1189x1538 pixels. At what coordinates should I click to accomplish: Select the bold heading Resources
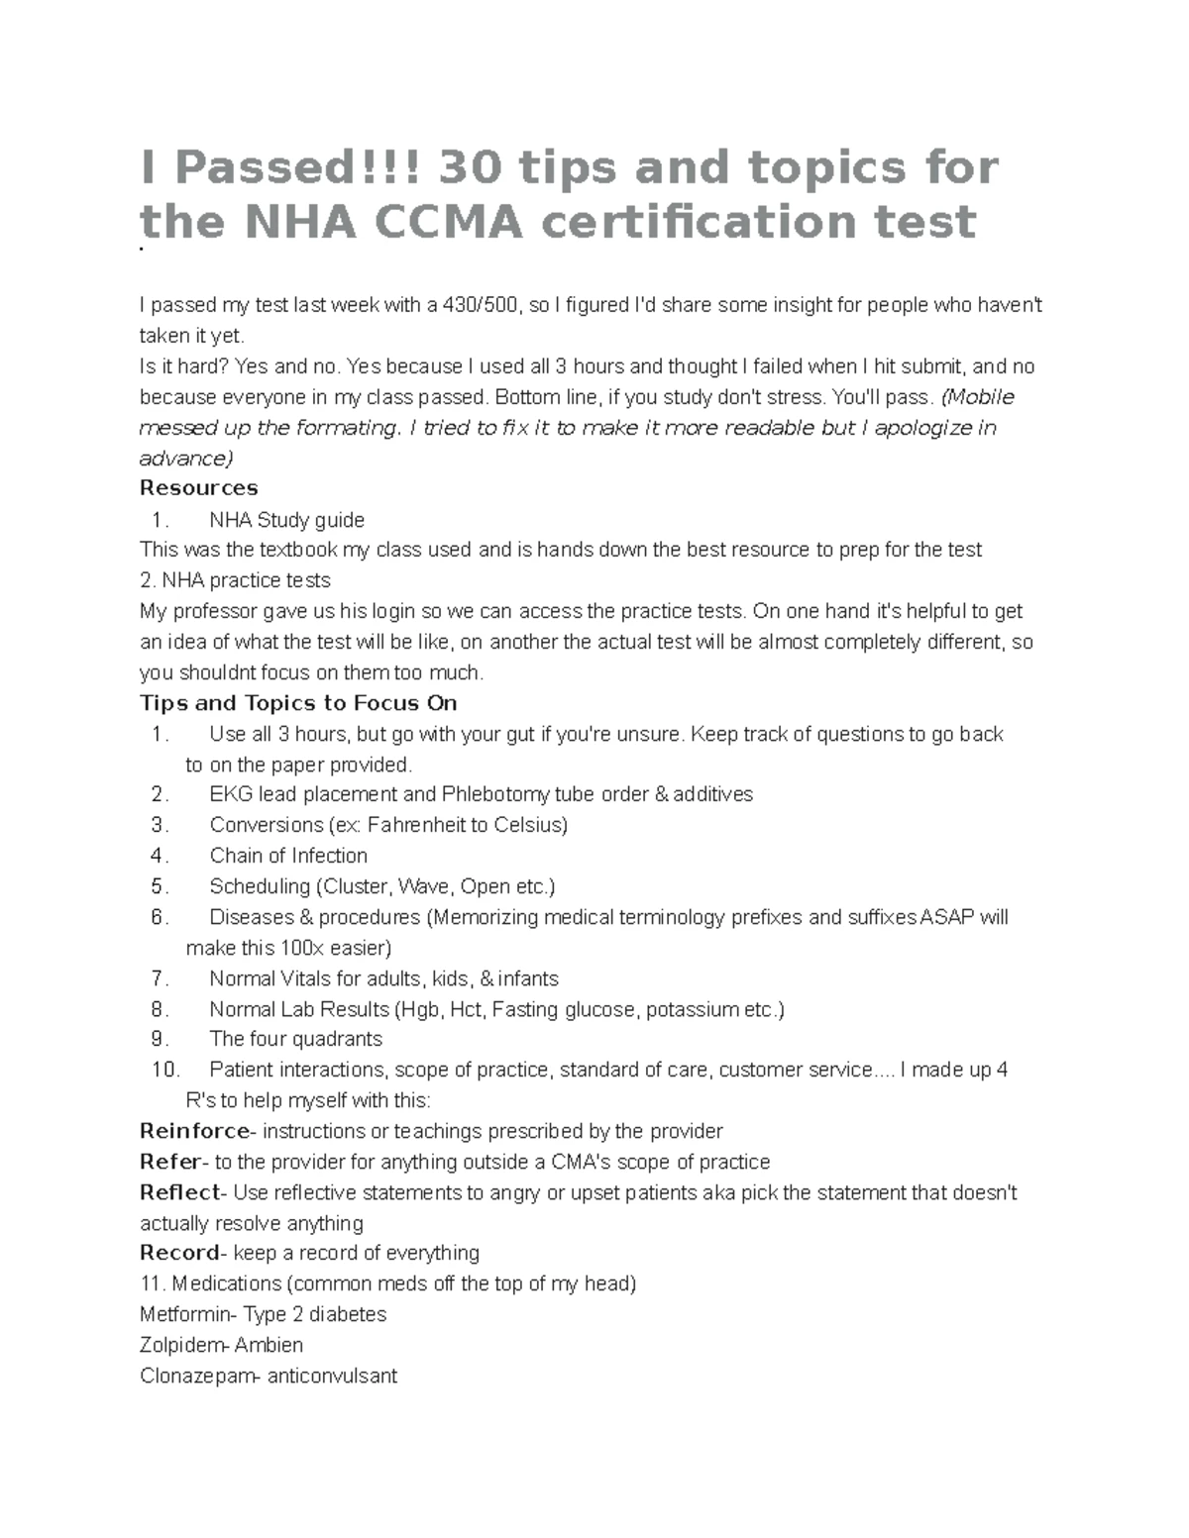point(198,487)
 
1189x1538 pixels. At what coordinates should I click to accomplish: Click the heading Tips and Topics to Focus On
point(298,703)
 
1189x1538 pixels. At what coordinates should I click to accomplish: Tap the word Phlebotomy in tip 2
point(495,794)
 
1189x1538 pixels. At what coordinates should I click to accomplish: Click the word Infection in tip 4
point(328,856)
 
